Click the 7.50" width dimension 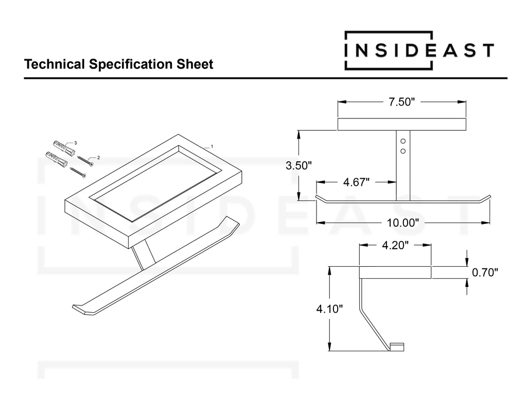(x=401, y=102)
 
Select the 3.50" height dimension (x=299, y=165)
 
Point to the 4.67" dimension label (x=356, y=182)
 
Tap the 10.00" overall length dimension (x=403, y=223)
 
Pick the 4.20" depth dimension (x=395, y=245)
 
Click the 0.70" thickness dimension (x=485, y=272)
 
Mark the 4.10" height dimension (x=329, y=309)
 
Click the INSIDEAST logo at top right (x=419, y=50)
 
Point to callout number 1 (x=212, y=146)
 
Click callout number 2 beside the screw (x=98, y=158)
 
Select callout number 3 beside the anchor (x=76, y=143)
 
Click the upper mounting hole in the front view (x=403, y=141)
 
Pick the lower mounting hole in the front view (x=403, y=151)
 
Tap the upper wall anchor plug (x=64, y=147)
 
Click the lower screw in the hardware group (x=78, y=172)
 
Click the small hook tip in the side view (x=397, y=347)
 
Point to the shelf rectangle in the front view (x=401, y=124)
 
